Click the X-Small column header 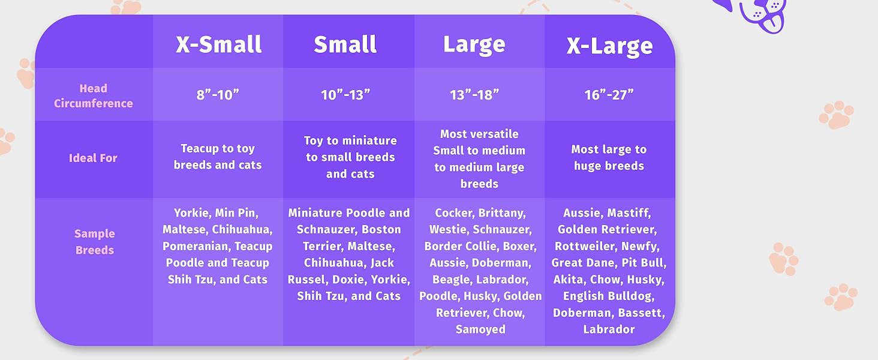[218, 45]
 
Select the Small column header [345, 45]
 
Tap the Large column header [474, 45]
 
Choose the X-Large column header [609, 46]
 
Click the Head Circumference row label [93, 96]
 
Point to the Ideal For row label [93, 158]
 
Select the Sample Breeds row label [95, 242]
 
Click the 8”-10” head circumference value [218, 95]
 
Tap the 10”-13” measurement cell [345, 95]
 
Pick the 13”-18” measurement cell [474, 95]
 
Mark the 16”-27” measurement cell [609, 95]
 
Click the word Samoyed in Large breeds [480, 329]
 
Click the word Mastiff [629, 213]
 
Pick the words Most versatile [479, 134]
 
